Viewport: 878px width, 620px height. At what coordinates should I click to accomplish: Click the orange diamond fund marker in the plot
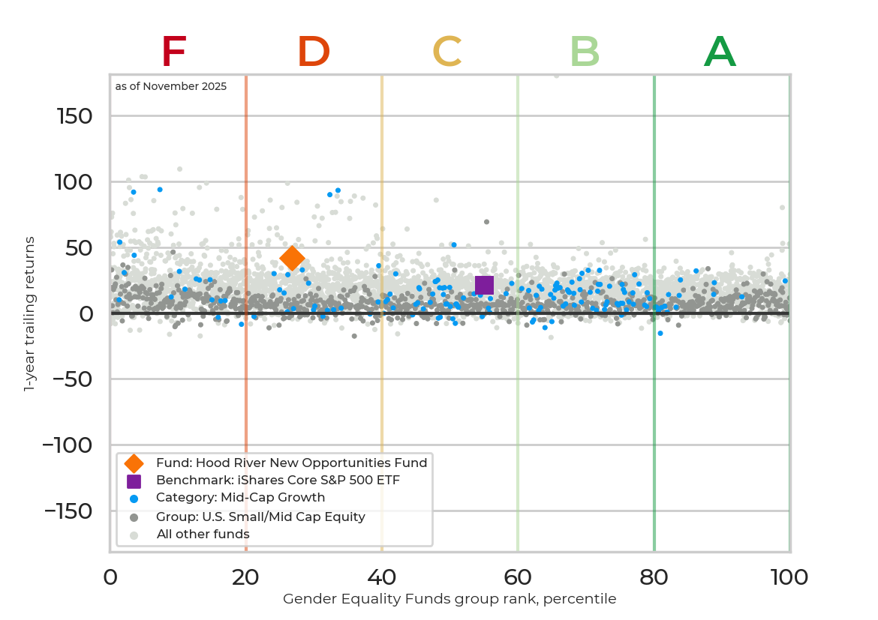click(292, 258)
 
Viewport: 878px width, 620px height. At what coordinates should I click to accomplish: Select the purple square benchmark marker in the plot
click(484, 285)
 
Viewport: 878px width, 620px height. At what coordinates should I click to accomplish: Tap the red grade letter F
click(173, 52)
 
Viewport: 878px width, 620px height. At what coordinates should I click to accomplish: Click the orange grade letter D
click(314, 52)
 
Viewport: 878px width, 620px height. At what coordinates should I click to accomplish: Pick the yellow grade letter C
click(447, 52)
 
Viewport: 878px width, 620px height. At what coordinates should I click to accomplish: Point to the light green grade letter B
click(585, 52)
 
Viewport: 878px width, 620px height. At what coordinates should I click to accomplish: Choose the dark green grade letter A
click(720, 52)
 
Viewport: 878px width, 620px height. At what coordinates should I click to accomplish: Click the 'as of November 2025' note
click(171, 87)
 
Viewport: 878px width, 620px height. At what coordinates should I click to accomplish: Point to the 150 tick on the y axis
click(74, 116)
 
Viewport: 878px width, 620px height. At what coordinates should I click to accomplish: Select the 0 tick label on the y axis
click(86, 313)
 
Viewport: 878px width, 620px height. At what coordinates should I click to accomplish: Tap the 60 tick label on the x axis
click(518, 578)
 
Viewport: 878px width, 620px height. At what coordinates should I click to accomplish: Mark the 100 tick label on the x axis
click(789, 578)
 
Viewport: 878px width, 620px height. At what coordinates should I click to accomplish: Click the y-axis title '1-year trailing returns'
click(30, 313)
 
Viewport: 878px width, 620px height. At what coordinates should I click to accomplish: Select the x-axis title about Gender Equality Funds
click(450, 599)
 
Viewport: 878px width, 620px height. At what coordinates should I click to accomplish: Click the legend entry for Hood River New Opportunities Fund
click(291, 463)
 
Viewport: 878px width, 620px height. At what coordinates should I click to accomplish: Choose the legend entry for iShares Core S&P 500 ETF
click(278, 481)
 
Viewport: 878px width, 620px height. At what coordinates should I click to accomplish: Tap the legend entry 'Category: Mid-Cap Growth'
click(240, 498)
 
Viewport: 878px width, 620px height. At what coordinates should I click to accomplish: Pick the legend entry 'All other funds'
click(203, 535)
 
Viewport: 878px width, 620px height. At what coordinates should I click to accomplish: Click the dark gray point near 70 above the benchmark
click(486, 222)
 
